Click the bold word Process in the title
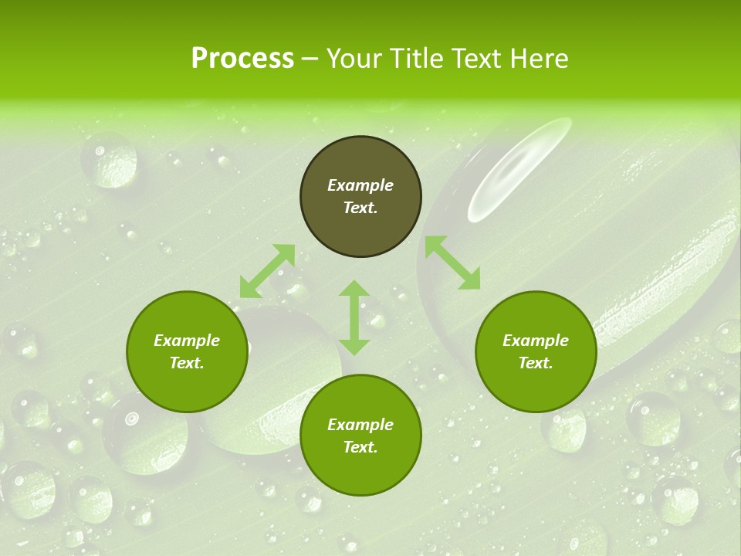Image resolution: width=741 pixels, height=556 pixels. coord(242,59)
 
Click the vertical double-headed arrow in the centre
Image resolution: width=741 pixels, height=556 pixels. coord(354,317)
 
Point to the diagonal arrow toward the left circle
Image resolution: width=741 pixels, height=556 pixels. coord(267,271)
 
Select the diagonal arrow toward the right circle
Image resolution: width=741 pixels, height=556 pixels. coord(452,263)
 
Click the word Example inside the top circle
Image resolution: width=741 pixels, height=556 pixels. coord(360,185)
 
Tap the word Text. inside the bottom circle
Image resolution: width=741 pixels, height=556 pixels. coord(360,447)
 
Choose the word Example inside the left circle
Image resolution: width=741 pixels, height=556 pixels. coord(187,341)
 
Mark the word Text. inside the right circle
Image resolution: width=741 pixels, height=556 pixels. coord(536,363)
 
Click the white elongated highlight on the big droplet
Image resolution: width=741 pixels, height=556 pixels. coord(519,168)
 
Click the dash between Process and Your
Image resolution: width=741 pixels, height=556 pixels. coord(310,59)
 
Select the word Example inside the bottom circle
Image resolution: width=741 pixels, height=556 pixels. coord(360,425)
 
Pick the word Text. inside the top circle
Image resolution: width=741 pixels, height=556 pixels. coord(360,208)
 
